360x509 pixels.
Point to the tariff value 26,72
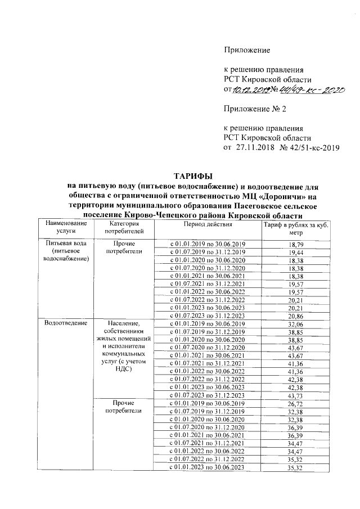click(295, 405)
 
